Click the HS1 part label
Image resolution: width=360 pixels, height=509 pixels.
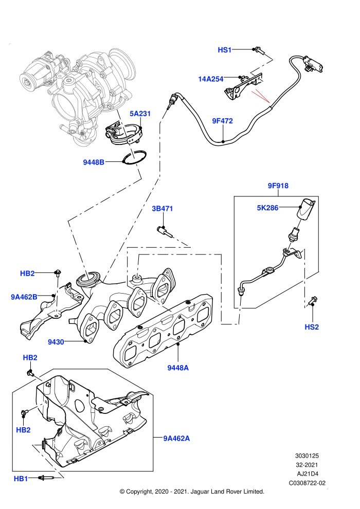224,50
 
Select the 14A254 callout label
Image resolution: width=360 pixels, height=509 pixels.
211,79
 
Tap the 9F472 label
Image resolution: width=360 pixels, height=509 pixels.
222,121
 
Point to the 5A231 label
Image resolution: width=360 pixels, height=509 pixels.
140,114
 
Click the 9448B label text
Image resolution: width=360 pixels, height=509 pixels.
94,162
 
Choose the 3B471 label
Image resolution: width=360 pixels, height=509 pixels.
163,208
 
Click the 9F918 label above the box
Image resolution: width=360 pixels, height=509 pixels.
278,186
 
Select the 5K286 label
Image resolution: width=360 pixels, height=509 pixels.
267,208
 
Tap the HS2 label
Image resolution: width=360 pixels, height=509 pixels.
312,327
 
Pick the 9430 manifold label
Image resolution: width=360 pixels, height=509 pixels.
56,342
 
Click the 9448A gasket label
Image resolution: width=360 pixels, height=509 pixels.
178,368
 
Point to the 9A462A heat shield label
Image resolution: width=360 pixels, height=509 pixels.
176,439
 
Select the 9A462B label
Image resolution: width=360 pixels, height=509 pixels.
24,297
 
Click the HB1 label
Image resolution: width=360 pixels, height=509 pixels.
21,479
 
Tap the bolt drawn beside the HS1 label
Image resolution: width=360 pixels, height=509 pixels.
260,50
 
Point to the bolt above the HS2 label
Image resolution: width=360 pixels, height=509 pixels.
313,301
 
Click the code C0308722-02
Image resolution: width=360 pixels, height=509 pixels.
307,483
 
